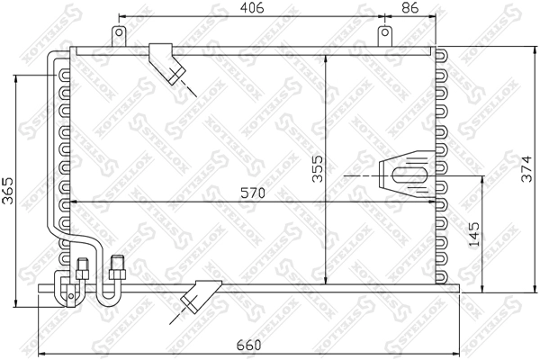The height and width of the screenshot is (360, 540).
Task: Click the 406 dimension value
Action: pyautogui.click(x=252, y=7)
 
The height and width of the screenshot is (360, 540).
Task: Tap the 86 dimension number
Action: pyautogui.click(x=409, y=7)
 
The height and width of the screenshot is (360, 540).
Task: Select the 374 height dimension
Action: pyautogui.click(x=526, y=169)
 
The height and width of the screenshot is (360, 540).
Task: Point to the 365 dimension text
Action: pyautogui.click(x=7, y=191)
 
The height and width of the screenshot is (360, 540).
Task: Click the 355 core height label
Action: pyautogui.click(x=318, y=169)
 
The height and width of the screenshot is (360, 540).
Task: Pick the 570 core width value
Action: pyautogui.click(x=253, y=193)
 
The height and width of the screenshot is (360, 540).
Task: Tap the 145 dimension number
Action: pyautogui.click(x=474, y=234)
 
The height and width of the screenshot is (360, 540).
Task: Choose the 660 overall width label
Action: pyautogui.click(x=249, y=346)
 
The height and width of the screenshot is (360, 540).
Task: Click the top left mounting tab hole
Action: pyautogui.click(x=119, y=32)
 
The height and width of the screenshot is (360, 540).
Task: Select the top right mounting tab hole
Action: pyautogui.click(x=385, y=32)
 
